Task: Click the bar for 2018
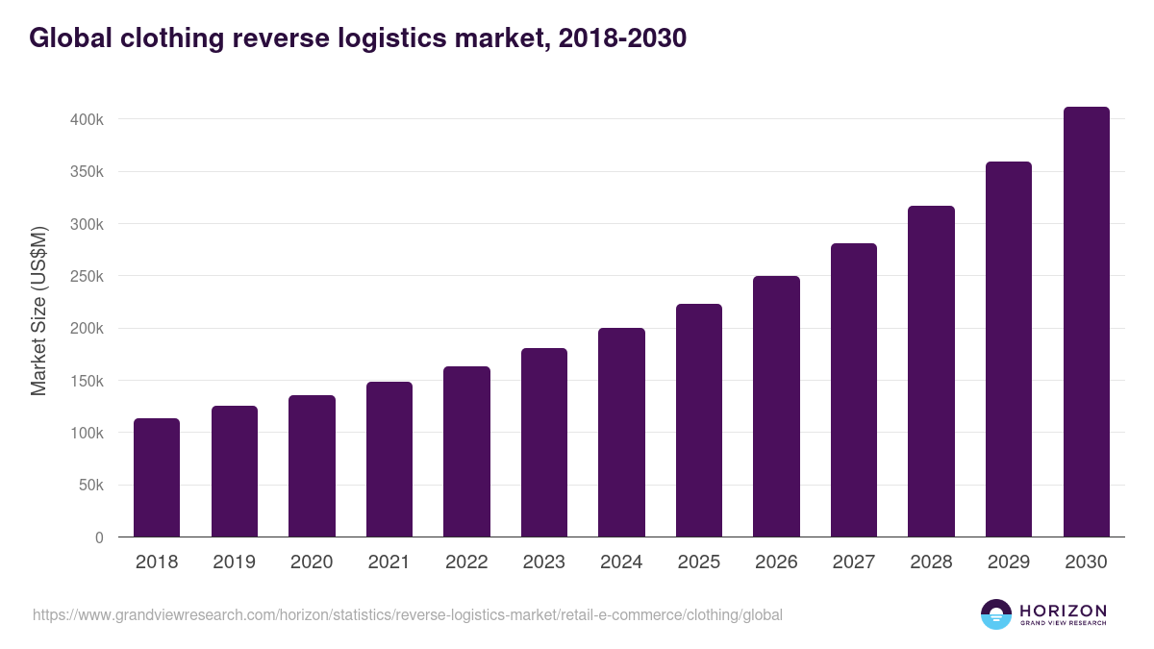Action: click(x=157, y=478)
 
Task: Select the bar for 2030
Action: click(x=1086, y=322)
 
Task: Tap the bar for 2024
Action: click(x=621, y=433)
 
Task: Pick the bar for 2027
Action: click(x=854, y=390)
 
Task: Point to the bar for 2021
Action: click(x=389, y=460)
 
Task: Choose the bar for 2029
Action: click(x=1009, y=349)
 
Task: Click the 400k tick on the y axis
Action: click(x=87, y=120)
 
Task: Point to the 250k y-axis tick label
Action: click(x=87, y=277)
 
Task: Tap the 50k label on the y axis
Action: click(x=90, y=486)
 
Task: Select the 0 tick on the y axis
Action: click(x=99, y=537)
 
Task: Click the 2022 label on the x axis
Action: click(x=466, y=562)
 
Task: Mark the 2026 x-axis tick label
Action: click(x=776, y=562)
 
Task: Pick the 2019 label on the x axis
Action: click(x=234, y=562)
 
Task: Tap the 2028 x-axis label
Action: click(x=931, y=562)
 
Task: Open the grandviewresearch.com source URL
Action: click(x=408, y=614)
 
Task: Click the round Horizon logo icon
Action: click(x=996, y=614)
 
